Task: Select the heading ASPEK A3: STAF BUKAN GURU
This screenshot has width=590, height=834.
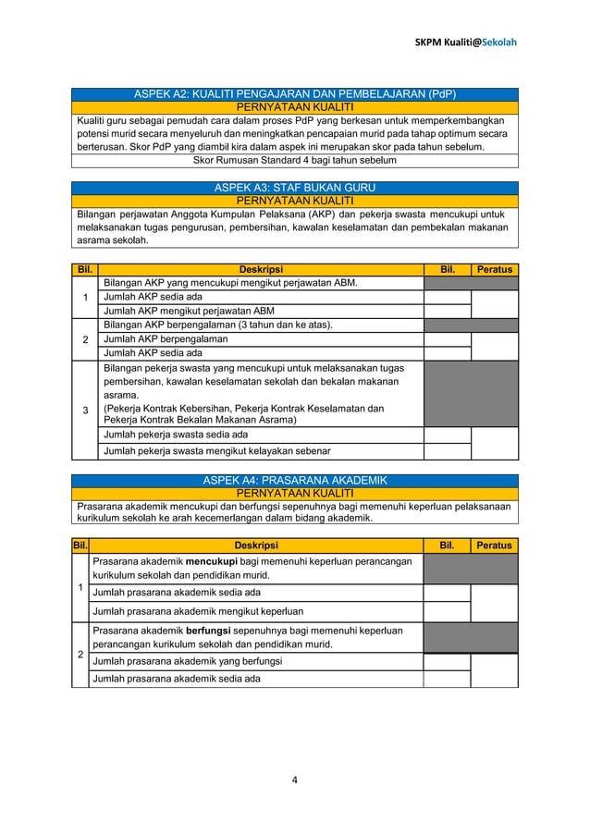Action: coord(295,188)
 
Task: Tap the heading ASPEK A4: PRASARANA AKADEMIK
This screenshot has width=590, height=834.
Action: coord(295,480)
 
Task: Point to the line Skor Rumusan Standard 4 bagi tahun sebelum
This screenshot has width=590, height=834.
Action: coord(295,159)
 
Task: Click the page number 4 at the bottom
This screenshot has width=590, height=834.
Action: coord(295,779)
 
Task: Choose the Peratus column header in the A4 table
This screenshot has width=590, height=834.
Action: coord(494,546)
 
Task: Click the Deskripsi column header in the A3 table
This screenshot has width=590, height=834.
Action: coord(261,269)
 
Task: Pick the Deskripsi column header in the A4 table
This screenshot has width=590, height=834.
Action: coord(256,546)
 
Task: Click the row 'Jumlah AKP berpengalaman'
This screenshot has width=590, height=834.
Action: coord(166,339)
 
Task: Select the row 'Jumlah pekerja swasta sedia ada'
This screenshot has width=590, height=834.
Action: coord(176,434)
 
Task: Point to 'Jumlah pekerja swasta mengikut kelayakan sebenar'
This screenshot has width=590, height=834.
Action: coord(217,451)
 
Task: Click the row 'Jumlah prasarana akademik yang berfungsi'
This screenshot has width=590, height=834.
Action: coord(186,661)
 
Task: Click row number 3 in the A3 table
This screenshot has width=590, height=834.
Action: coord(85,411)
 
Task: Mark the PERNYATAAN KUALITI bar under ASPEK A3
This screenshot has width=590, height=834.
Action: coord(295,200)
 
